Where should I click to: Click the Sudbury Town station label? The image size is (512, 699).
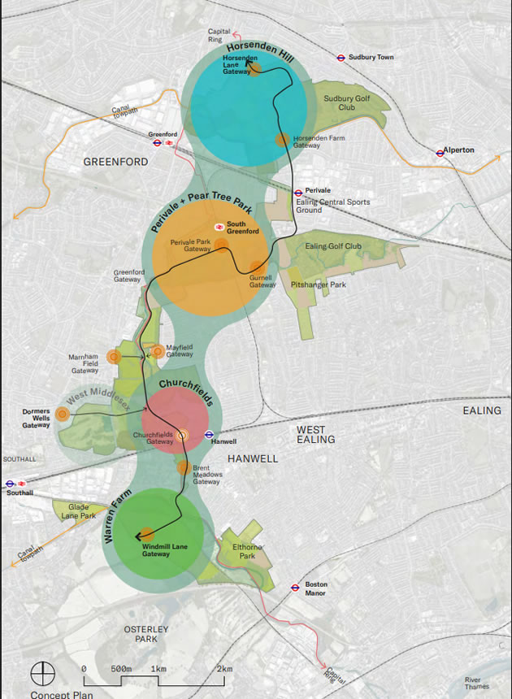371,58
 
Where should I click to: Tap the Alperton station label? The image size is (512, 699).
459,151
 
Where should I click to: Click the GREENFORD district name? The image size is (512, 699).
115,162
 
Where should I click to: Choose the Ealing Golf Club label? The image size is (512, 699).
335,246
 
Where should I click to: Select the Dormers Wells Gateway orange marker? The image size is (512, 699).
63,414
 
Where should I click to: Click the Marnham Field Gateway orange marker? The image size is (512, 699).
114,356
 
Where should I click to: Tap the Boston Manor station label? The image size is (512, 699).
315,588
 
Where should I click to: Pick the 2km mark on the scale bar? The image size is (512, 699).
224,668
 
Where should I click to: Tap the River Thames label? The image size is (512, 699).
478,683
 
